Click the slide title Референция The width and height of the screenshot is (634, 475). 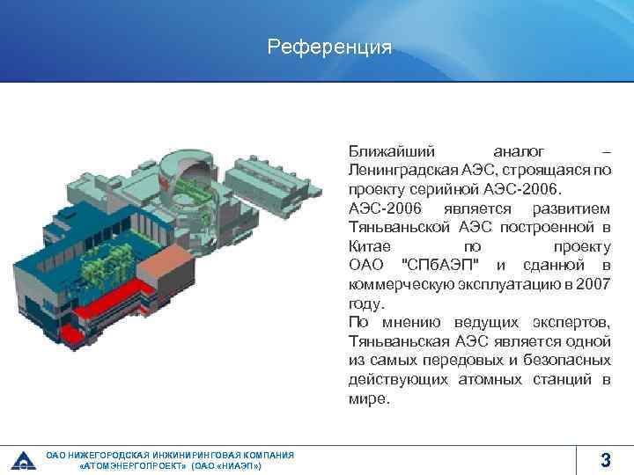pyautogui.click(x=329, y=47)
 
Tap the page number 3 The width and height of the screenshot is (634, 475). pyautogui.click(x=605, y=459)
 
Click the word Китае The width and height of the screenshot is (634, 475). pyautogui.click(x=368, y=246)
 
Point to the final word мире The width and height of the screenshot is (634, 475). pyautogui.click(x=367, y=398)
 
